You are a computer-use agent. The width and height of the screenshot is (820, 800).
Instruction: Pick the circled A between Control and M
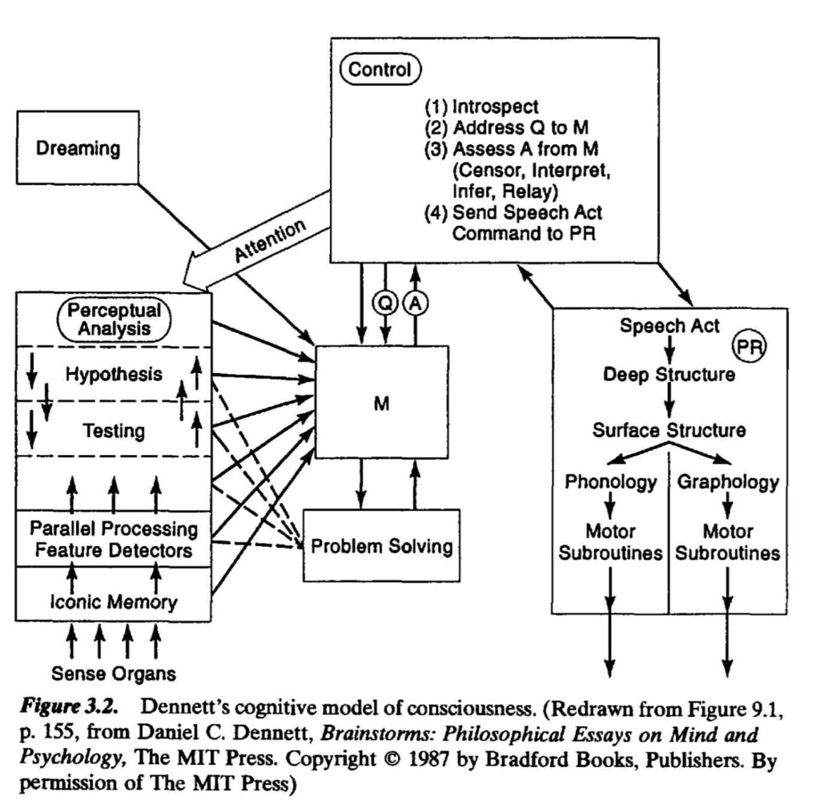(x=416, y=304)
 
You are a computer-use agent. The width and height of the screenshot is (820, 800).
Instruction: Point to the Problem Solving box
(x=381, y=547)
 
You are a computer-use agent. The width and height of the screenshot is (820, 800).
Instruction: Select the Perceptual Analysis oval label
(x=114, y=319)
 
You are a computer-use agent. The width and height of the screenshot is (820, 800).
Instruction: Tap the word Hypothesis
(x=114, y=374)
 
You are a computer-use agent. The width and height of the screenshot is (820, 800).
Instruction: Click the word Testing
(x=114, y=432)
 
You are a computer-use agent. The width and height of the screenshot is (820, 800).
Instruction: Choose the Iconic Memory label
(x=114, y=601)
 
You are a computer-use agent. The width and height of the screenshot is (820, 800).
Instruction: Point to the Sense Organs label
(x=114, y=672)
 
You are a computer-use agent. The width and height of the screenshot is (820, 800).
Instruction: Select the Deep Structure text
(x=669, y=375)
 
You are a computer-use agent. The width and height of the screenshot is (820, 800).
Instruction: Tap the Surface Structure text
(x=669, y=430)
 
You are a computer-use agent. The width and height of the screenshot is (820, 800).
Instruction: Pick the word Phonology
(x=611, y=482)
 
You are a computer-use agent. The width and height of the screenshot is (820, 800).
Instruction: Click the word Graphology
(x=728, y=482)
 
